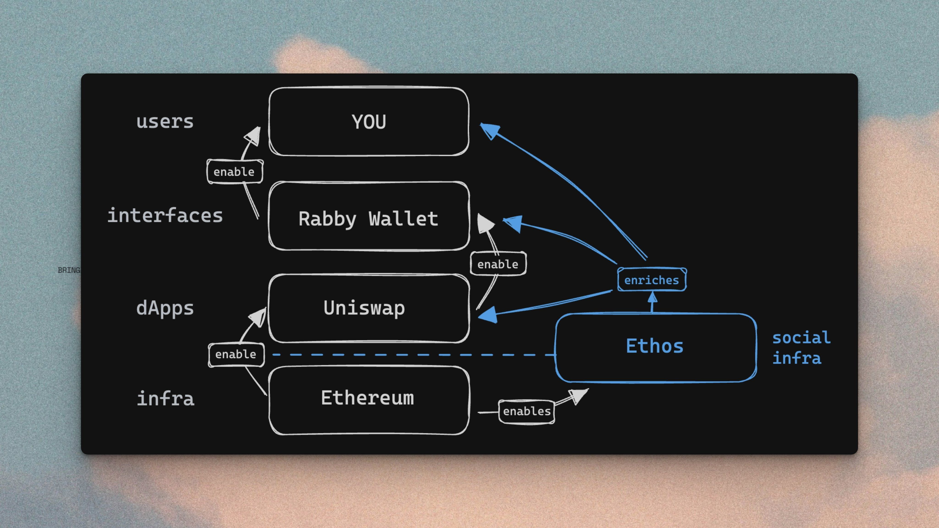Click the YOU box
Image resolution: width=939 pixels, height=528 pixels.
(x=369, y=121)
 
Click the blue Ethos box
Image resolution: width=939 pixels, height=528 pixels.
(x=655, y=346)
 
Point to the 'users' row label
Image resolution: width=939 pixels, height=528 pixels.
(x=165, y=121)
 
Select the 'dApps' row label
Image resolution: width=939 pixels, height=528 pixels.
(x=165, y=308)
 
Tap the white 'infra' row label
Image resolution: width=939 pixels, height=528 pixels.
(x=166, y=398)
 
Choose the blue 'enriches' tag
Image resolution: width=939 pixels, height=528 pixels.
(x=652, y=280)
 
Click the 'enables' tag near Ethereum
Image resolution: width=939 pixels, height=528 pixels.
(x=526, y=411)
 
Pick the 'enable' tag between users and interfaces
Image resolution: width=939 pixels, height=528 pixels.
(x=234, y=172)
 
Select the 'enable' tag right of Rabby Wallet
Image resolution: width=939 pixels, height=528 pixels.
(x=498, y=264)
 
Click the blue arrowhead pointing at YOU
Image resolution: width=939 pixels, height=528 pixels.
(x=489, y=130)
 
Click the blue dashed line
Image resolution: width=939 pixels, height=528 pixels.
(x=412, y=355)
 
